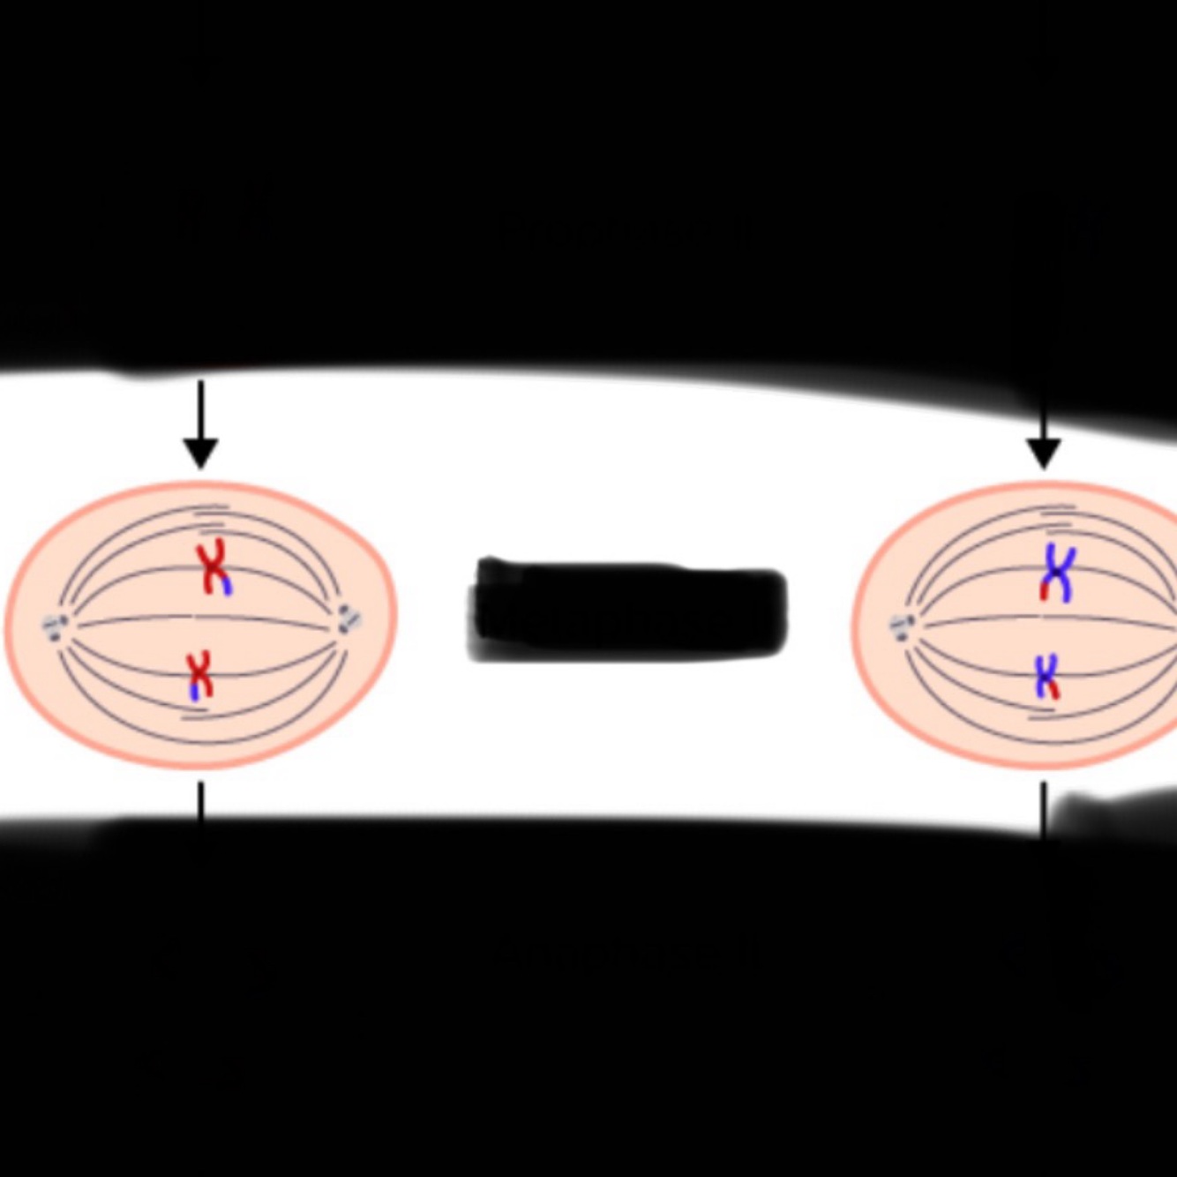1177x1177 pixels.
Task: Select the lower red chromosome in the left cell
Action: tap(201, 675)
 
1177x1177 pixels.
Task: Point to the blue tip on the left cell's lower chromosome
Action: tap(194, 692)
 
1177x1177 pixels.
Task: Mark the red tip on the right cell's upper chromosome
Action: tap(1045, 589)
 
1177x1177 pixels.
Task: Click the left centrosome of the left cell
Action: tap(56, 626)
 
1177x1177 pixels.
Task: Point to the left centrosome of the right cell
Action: tap(902, 627)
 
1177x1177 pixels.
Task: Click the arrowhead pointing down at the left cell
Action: tap(201, 454)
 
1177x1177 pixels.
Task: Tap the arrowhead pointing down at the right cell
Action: tap(1044, 454)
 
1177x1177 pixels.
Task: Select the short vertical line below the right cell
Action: tap(1044, 805)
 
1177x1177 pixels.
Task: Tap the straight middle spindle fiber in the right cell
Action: tap(979, 621)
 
